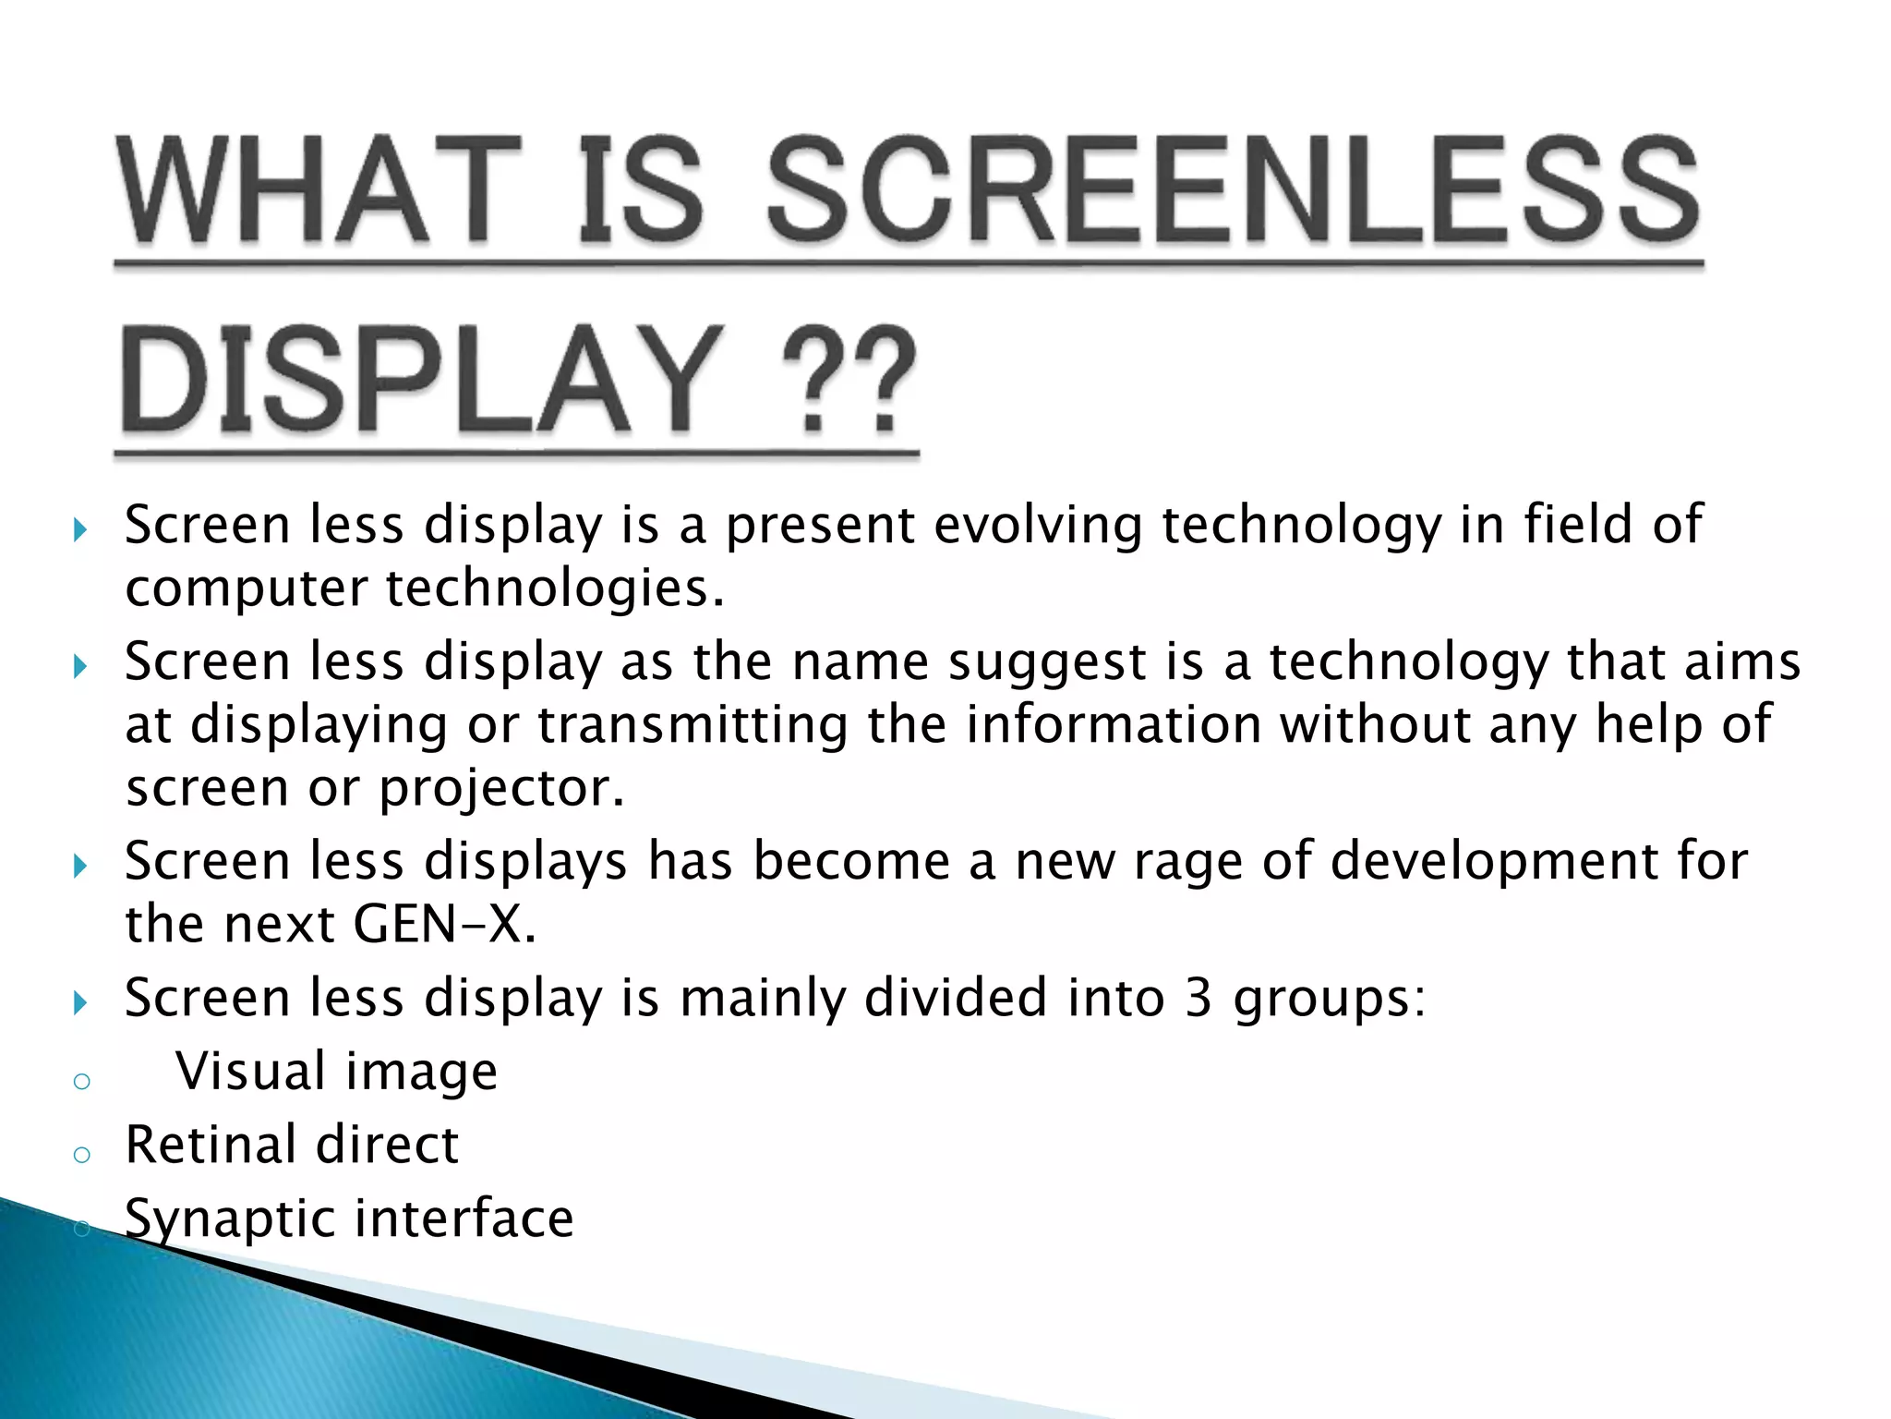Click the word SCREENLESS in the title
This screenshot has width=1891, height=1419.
(1234, 192)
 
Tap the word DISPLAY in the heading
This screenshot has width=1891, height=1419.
(420, 381)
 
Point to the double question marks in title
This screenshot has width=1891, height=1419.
(848, 381)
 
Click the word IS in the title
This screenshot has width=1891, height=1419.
(641, 192)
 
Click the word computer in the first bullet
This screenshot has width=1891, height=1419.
(246, 589)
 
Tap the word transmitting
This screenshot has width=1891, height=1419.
(692, 724)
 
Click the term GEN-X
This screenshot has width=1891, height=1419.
(443, 924)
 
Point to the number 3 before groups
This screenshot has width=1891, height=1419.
(1198, 998)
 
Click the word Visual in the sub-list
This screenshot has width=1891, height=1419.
(250, 1072)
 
